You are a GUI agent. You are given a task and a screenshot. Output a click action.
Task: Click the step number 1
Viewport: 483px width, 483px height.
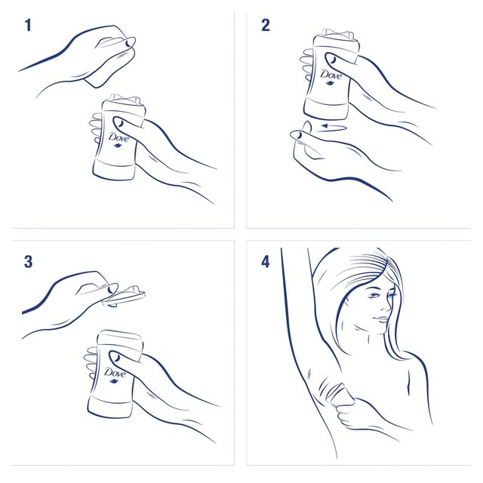click(28, 26)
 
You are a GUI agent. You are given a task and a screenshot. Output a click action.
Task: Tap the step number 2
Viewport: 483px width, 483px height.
click(265, 26)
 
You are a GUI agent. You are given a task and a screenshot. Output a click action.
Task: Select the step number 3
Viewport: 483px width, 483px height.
click(28, 262)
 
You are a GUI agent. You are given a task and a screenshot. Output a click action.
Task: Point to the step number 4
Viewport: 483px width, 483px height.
click(265, 262)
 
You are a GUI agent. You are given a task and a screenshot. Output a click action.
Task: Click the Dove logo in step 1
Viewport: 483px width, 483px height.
click(118, 138)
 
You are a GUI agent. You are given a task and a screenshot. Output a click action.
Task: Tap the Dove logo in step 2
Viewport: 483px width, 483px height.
click(331, 75)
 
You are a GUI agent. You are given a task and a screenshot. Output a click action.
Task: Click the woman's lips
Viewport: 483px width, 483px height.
click(380, 320)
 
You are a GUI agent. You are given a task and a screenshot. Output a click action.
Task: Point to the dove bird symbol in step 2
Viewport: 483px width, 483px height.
click(331, 85)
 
